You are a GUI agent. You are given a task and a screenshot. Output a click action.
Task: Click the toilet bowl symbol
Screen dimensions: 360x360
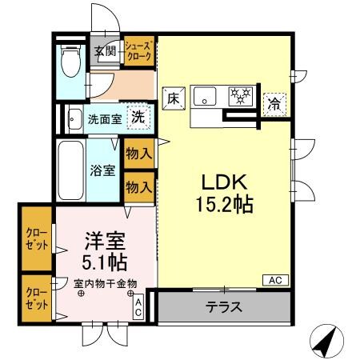(70, 62)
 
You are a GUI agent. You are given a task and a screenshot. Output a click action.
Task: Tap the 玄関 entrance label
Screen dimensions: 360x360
(105, 52)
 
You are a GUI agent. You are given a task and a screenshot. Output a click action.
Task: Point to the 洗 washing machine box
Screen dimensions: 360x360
(138, 116)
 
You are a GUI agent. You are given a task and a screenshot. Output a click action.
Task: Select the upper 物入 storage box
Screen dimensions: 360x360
(138, 152)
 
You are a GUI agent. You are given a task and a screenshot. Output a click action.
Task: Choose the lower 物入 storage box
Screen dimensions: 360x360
(138, 186)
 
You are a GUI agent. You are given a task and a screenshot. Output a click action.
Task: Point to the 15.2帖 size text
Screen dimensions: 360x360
(223, 204)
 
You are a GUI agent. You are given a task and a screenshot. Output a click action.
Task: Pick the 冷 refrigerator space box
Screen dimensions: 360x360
(274, 102)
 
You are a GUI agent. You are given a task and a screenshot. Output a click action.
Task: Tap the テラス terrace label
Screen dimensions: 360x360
(224, 306)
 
